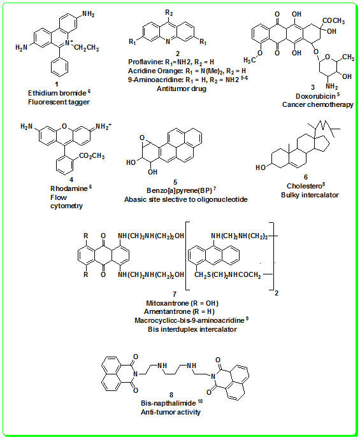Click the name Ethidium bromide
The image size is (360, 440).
(57, 93)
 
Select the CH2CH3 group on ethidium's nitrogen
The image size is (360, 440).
(87, 48)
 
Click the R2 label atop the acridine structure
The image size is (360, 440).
(169, 13)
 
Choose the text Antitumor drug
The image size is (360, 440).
(182, 89)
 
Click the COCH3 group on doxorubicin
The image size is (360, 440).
(334, 21)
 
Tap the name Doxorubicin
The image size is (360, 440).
(315, 96)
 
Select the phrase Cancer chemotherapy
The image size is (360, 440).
(317, 104)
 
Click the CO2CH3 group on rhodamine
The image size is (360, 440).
(92, 156)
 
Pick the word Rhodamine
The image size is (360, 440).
(69, 188)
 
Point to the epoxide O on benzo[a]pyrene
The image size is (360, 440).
(142, 138)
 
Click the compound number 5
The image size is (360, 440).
(175, 182)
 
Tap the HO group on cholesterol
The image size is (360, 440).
(261, 167)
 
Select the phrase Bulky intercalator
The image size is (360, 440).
(310, 195)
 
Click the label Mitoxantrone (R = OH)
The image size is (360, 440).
(182, 303)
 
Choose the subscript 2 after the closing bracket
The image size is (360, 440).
(277, 294)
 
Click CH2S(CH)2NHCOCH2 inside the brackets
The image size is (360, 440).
(227, 275)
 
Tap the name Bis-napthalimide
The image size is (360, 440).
(168, 403)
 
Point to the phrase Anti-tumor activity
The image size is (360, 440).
(171, 412)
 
